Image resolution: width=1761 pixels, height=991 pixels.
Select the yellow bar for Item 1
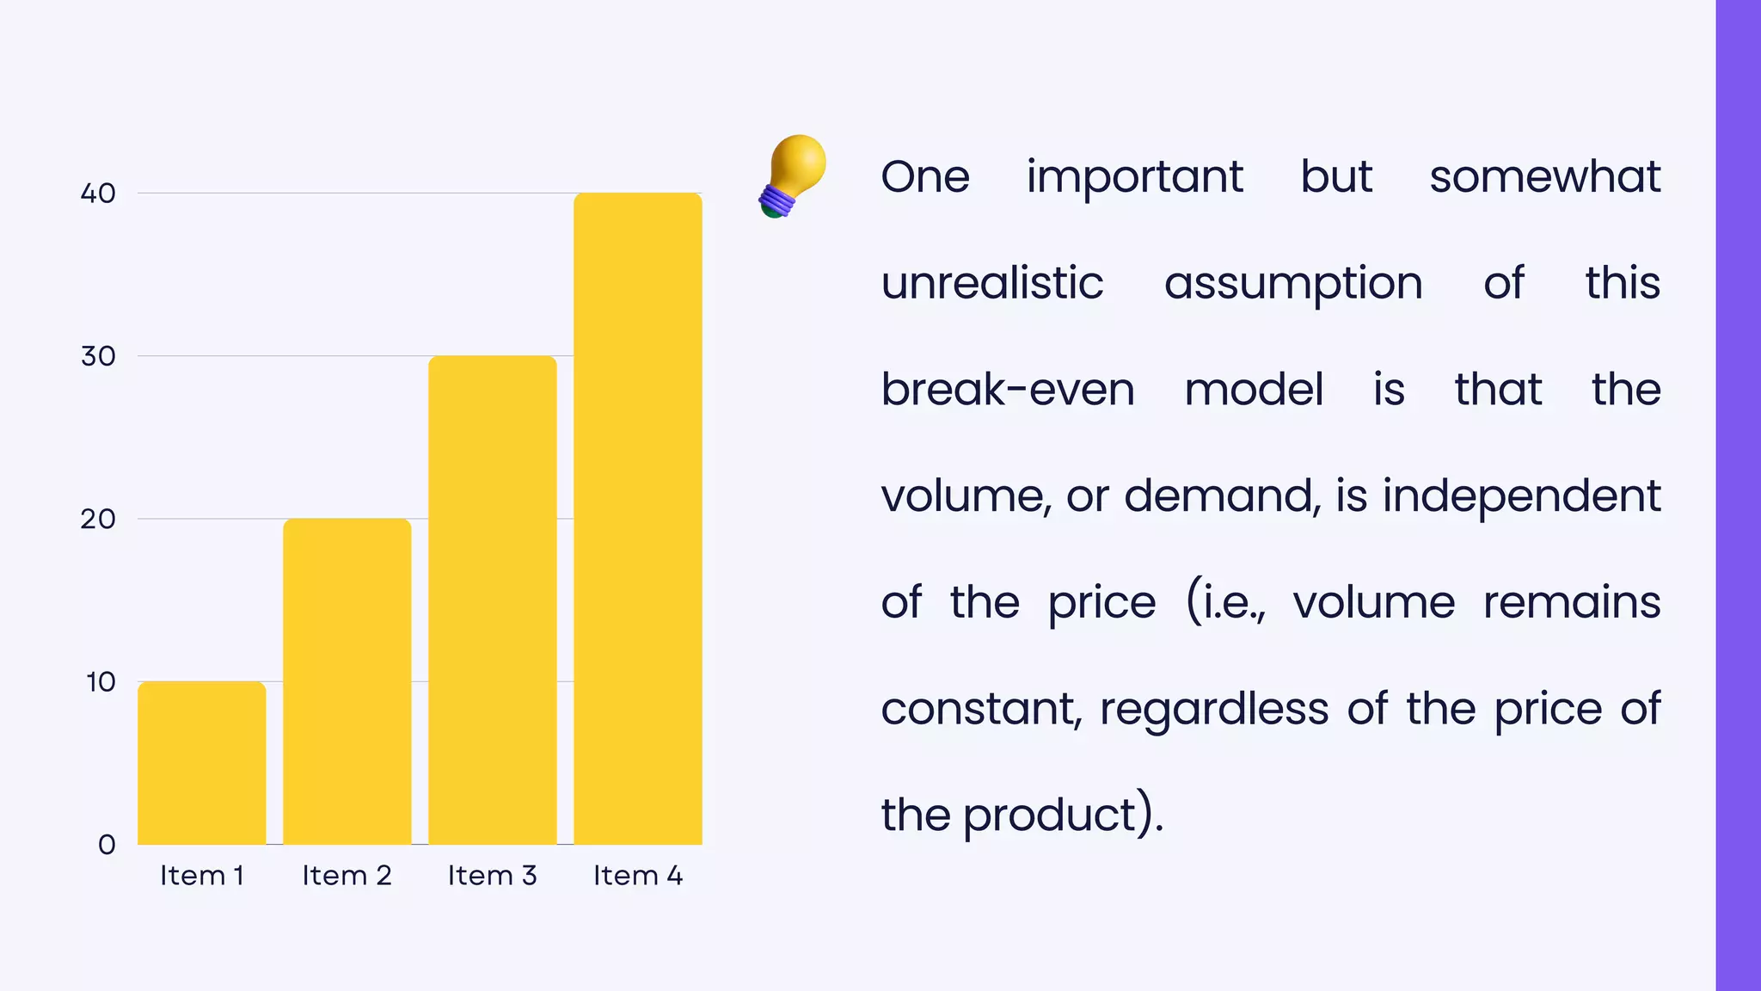(201, 762)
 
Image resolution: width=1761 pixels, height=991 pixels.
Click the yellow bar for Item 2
(347, 681)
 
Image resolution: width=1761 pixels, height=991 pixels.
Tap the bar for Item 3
(492, 600)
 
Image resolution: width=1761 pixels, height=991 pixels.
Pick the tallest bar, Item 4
(637, 518)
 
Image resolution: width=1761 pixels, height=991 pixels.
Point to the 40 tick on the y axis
(98, 194)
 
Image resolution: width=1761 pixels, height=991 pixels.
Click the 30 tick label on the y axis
(98, 356)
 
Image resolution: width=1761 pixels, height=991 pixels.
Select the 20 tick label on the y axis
(98, 519)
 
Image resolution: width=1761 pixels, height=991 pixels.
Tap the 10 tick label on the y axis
(101, 682)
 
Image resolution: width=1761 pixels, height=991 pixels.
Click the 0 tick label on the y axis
(107, 845)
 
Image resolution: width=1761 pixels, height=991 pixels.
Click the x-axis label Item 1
(202, 876)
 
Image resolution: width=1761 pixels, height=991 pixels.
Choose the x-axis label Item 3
(492, 876)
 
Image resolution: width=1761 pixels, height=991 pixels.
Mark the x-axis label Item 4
(637, 876)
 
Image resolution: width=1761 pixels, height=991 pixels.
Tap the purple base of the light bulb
(776, 201)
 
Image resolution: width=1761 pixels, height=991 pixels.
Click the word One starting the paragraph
(925, 177)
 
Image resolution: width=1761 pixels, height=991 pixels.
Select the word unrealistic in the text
(991, 283)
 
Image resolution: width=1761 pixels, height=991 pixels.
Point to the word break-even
(1007, 390)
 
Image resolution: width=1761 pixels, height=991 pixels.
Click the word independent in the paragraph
(1520, 496)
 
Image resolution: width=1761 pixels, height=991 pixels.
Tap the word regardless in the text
(1213, 710)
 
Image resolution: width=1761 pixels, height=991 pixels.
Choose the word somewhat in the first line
(1544, 177)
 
